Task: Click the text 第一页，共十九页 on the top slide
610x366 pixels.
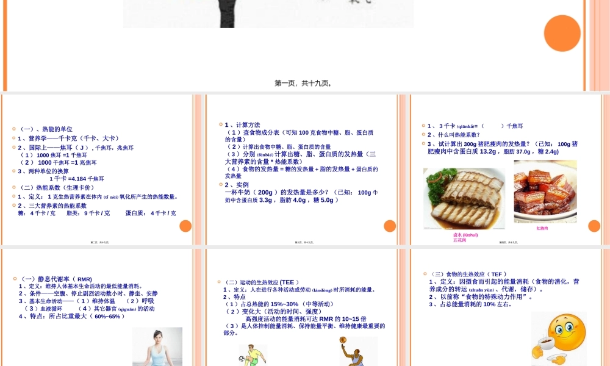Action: pos(303,84)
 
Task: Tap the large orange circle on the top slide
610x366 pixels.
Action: pos(562,33)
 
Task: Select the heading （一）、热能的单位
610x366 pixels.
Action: pos(46,129)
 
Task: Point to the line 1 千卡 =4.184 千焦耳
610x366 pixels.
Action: pos(77,179)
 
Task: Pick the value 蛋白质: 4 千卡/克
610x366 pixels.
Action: pos(151,213)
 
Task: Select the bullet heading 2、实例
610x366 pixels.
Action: pos(237,184)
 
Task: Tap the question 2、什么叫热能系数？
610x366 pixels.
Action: pos(454,135)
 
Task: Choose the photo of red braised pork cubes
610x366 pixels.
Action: pos(545,191)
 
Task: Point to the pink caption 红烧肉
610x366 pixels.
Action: pos(542,228)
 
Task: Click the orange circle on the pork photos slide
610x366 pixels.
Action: pos(594,226)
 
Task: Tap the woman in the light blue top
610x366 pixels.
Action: pos(157,346)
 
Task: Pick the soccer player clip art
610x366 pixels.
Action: pos(251,355)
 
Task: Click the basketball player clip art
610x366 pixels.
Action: pos(357,351)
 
